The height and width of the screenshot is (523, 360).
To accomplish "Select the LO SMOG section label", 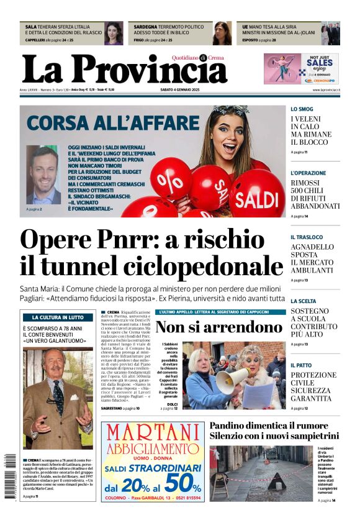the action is tap(302, 109).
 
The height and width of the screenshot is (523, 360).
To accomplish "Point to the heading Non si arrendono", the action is tap(218, 327).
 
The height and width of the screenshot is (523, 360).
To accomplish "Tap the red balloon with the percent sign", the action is tap(171, 180).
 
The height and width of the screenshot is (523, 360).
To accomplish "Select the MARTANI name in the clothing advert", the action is tap(152, 432).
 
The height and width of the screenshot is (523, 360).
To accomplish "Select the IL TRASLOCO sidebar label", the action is tap(307, 237).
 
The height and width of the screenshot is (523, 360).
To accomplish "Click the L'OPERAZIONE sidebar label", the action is tap(308, 173).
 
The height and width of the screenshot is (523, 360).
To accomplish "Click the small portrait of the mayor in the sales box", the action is tap(44, 175).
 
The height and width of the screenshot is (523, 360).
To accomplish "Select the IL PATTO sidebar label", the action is tap(301, 365).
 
